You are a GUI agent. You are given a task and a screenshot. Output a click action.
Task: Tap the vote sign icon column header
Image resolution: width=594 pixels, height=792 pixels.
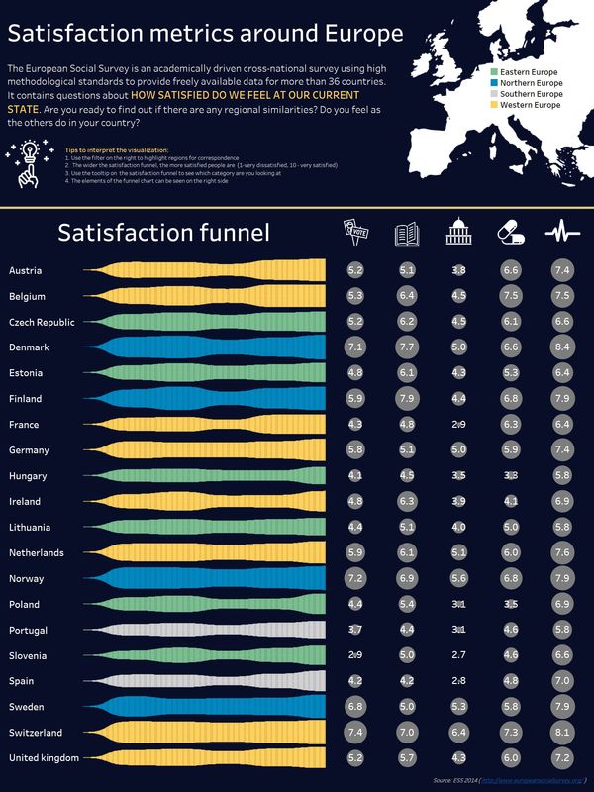coord(355,232)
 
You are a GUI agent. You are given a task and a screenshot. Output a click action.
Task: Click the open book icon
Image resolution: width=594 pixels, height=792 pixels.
coord(407,233)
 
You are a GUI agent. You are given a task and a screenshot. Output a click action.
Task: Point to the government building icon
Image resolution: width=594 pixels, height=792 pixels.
coord(458,233)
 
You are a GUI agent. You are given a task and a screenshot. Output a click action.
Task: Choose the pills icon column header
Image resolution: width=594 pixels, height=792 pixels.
coord(511,233)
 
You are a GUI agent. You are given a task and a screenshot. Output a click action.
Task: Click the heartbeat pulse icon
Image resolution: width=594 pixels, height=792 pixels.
coord(562,233)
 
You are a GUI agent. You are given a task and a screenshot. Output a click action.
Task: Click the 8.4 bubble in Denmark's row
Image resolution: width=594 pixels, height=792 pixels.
coord(562,346)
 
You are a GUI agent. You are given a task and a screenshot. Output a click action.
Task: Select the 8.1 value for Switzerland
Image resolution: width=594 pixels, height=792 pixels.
coord(562,732)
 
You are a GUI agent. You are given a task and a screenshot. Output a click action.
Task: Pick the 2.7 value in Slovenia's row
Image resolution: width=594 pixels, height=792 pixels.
coord(458,654)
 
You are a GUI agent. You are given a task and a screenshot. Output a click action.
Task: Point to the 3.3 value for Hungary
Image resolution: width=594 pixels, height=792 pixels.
coord(511,475)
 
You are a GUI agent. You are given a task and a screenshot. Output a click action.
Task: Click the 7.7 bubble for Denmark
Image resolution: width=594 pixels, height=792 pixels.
coord(407,346)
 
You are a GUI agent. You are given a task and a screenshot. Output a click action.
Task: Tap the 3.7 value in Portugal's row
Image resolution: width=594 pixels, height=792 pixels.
coord(355,629)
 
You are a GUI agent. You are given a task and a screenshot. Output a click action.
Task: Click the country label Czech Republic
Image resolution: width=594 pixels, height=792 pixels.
coord(42,322)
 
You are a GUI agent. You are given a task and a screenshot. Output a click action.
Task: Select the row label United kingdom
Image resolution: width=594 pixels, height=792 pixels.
coord(44,757)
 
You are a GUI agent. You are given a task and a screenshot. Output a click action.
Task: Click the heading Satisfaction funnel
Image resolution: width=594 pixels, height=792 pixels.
coord(163,233)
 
